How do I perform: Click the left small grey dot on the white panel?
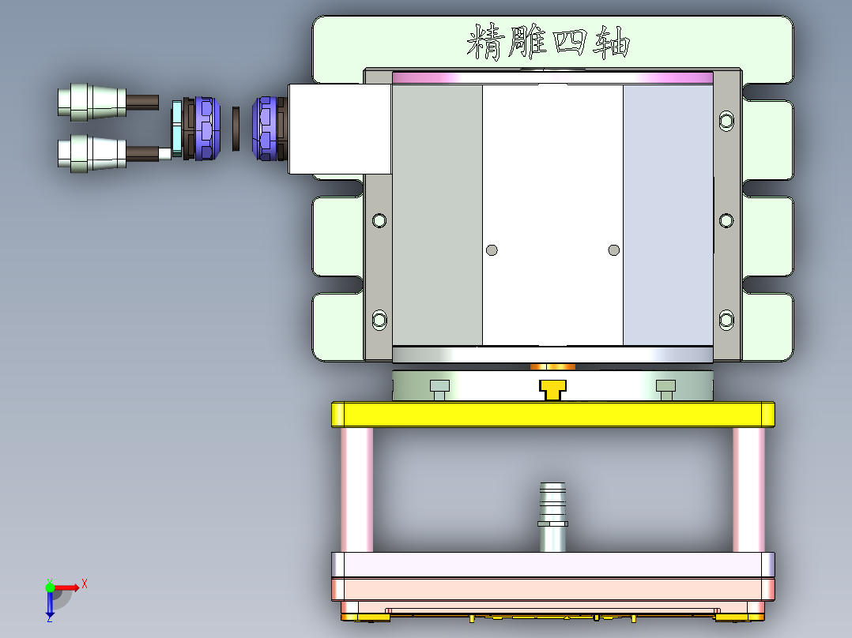(492, 250)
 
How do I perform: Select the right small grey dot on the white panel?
(614, 250)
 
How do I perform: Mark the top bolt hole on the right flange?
(726, 121)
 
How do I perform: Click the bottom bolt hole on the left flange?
(380, 319)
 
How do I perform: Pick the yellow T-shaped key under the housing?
(552, 388)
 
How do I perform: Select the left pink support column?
(356, 490)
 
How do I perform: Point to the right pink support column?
(748, 490)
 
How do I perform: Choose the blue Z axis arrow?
(50, 606)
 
